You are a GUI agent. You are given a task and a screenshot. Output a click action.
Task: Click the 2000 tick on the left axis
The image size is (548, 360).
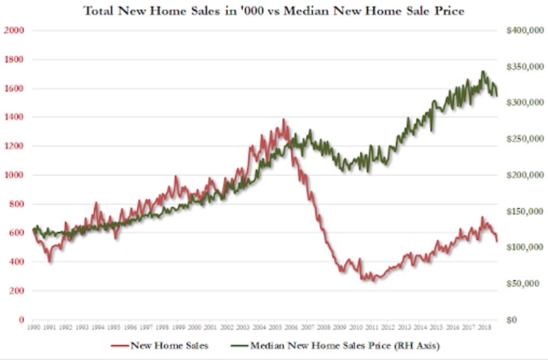click(x=14, y=31)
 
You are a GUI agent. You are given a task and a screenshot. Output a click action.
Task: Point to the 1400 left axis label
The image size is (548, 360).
click(x=14, y=117)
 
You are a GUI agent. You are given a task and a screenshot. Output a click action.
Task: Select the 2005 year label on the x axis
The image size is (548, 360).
click(x=275, y=327)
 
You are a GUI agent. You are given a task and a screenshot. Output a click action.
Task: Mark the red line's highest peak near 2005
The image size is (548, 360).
click(x=284, y=119)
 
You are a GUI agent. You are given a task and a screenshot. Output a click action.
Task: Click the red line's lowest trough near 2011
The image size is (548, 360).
click(x=373, y=281)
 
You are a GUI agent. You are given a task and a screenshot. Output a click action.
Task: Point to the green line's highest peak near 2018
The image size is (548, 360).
click(x=483, y=71)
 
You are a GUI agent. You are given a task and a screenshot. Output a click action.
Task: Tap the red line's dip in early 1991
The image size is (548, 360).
click(x=50, y=262)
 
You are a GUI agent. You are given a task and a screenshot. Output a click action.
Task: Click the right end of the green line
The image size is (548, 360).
click(x=497, y=96)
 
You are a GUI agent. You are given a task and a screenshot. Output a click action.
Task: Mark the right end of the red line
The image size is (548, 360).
click(x=497, y=241)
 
